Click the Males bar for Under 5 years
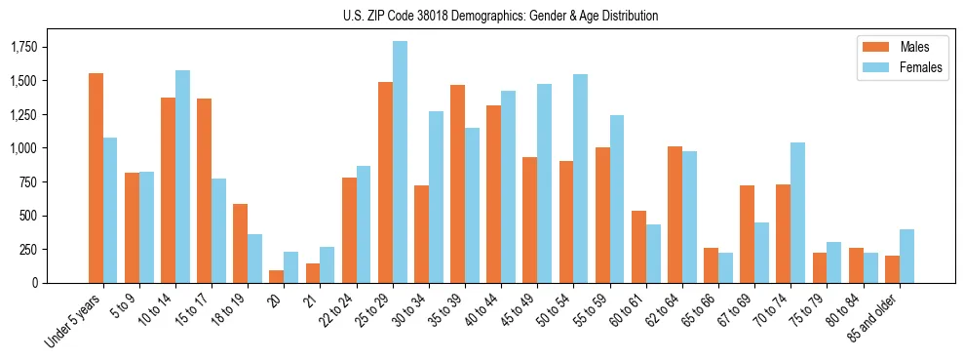coord(96,178)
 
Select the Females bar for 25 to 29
coord(400,162)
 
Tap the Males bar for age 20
coord(276,276)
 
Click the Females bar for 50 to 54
coord(581,179)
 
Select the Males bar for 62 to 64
coord(675,215)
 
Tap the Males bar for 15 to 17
coord(204,190)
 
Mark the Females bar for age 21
coord(328,264)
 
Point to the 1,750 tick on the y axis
coord(36,47)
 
